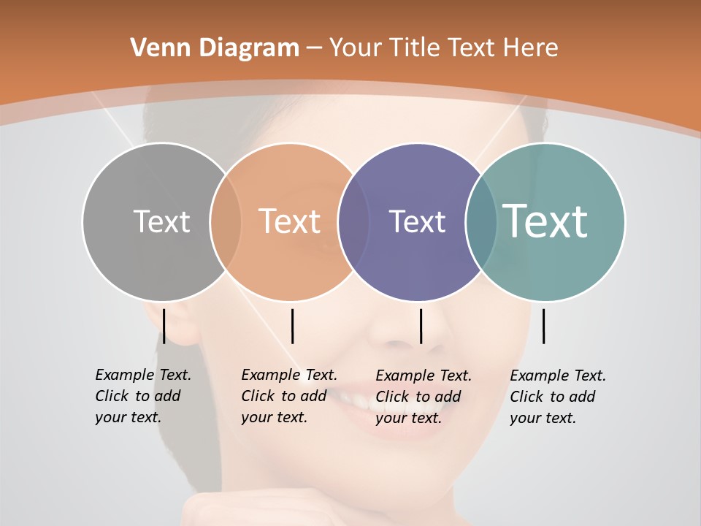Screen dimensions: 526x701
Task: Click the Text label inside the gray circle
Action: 161,221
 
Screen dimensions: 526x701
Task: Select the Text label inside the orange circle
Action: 290,221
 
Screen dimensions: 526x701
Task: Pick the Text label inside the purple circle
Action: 417,221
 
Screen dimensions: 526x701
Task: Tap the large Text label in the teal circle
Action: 545,221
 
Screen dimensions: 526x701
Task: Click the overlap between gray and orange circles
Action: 226,221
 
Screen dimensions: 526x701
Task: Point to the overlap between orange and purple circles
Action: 353,221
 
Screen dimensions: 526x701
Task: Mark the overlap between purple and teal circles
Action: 481,221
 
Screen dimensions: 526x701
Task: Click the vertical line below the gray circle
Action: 164,326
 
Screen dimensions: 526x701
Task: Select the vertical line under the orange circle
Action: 292,326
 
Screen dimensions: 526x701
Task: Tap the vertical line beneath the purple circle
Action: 421,326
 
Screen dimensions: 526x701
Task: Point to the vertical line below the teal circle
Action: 543,326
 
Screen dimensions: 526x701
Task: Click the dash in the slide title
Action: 314,49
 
